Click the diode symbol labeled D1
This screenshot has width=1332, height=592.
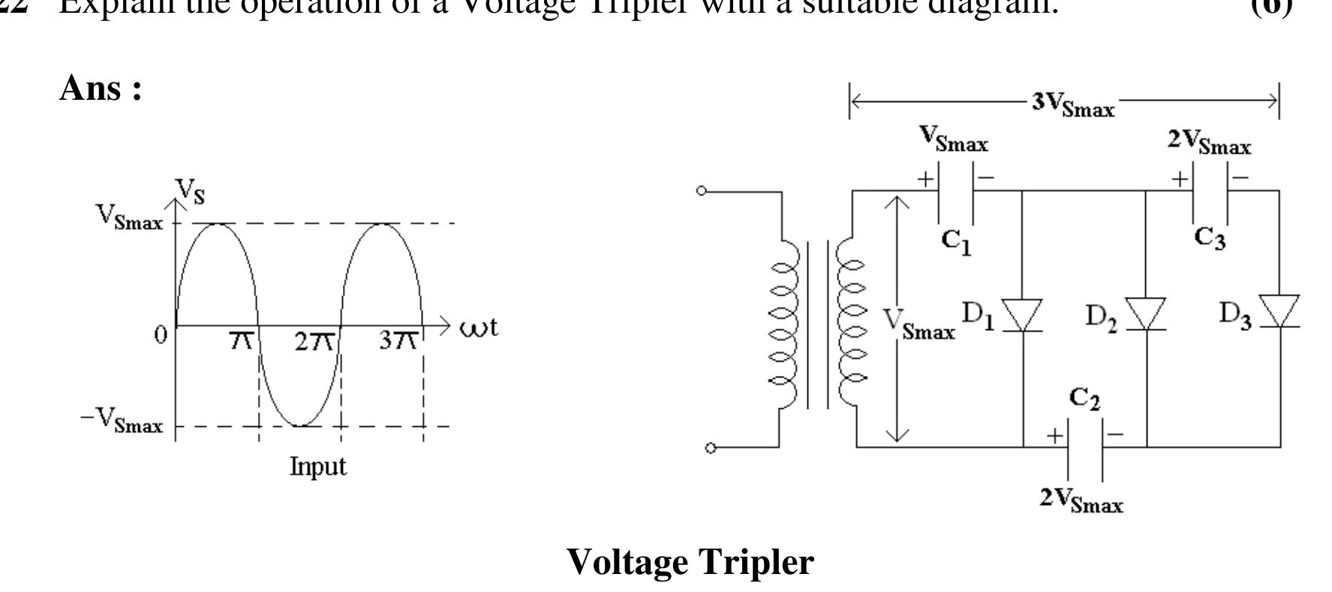1023,314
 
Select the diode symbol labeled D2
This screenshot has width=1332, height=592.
1147,314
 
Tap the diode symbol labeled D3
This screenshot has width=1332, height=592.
1279,312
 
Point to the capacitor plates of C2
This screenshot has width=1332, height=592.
1085,448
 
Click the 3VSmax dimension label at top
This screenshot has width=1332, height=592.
1073,104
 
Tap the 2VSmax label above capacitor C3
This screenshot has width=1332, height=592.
1209,142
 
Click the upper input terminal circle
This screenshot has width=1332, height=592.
701,191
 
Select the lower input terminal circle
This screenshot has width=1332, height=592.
710,448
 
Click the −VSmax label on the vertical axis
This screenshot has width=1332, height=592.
122,421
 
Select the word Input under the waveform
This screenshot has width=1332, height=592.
318,467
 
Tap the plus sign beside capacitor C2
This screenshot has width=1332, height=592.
1054,435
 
